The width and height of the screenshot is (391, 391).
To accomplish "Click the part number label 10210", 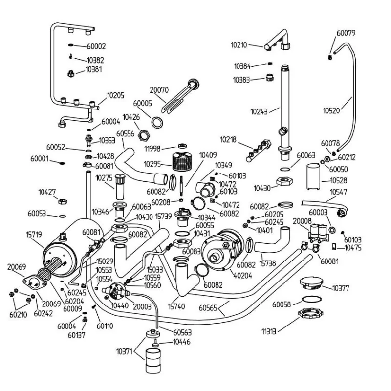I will click(239, 45).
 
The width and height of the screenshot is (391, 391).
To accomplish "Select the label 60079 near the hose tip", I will click(346, 33).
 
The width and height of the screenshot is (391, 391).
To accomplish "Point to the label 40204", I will click(243, 276).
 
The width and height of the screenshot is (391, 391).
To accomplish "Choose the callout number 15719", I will click(34, 235).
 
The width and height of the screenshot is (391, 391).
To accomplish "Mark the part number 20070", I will click(159, 90).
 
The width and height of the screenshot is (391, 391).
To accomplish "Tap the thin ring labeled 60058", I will click(311, 299).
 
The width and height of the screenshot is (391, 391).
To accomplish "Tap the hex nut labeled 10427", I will click(63, 201).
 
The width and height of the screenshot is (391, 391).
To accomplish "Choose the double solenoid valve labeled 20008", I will click(320, 233).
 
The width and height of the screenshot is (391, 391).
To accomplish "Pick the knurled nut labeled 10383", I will click(269, 77).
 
